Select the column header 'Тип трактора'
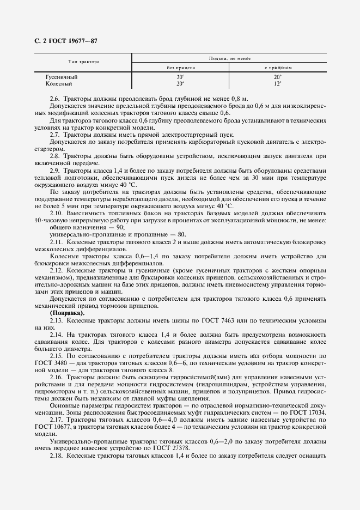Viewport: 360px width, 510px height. click(x=83, y=62)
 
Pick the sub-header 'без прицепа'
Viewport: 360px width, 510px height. click(x=180, y=68)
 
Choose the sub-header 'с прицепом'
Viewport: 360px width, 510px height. click(x=278, y=68)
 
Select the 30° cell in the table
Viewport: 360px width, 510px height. click(x=180, y=77)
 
